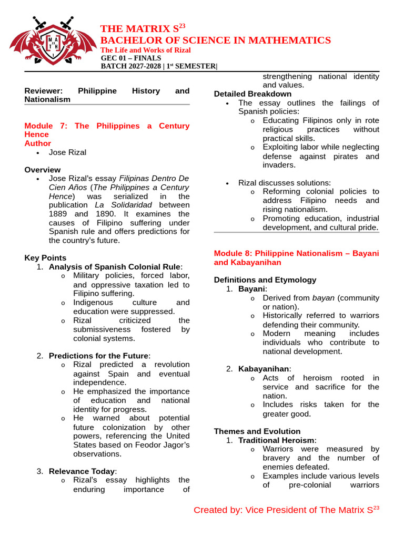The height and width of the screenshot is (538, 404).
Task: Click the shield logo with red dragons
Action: click(53, 42)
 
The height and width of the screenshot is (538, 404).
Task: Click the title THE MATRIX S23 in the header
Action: click(143, 28)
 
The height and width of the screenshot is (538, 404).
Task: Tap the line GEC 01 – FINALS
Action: click(131, 58)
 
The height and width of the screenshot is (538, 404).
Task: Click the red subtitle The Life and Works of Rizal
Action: click(146, 50)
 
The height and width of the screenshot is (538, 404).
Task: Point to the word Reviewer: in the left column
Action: click(44, 91)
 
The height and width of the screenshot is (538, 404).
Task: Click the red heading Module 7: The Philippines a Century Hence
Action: click(107, 130)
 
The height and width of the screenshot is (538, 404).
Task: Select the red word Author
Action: click(38, 143)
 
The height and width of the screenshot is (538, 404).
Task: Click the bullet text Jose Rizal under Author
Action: click(67, 152)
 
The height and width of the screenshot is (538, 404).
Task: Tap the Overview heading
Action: click(43, 170)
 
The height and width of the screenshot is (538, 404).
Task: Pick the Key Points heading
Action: click(45, 257)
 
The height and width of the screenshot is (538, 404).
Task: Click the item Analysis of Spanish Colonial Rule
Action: click(115, 266)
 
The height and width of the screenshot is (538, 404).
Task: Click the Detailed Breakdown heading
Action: click(252, 94)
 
